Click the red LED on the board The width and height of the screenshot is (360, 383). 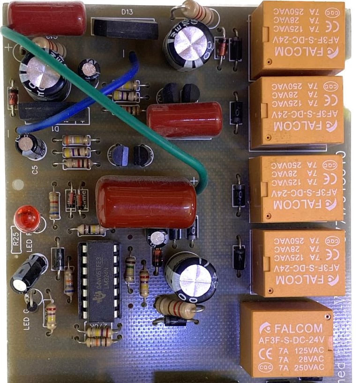pyautogui.click(x=27, y=218)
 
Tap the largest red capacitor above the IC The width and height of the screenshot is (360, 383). pyautogui.click(x=146, y=202)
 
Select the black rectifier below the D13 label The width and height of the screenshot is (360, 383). pyautogui.click(x=125, y=29)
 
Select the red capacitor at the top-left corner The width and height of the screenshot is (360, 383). pyautogui.click(x=46, y=18)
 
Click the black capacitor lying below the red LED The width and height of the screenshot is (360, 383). pyautogui.click(x=29, y=273)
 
